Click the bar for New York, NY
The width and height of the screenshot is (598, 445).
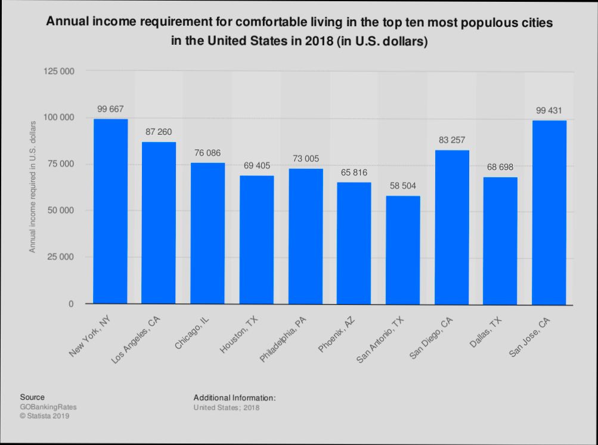tap(110, 211)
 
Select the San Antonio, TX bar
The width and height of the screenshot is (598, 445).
tap(403, 250)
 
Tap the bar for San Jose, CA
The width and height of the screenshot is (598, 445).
tap(549, 212)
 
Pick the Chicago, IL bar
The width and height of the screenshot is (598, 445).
tap(207, 233)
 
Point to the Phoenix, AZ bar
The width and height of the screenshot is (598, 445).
tap(354, 243)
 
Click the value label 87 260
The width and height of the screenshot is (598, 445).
tap(159, 131)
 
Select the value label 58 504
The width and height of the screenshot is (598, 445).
tap(403, 186)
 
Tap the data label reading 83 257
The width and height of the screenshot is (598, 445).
tap(452, 140)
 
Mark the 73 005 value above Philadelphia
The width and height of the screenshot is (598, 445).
tap(305, 158)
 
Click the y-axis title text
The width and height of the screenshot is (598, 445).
tap(33, 186)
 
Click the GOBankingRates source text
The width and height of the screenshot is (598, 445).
tap(48, 407)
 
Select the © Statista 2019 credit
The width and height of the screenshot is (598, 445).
tap(45, 416)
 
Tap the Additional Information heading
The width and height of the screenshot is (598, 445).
tap(234, 397)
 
